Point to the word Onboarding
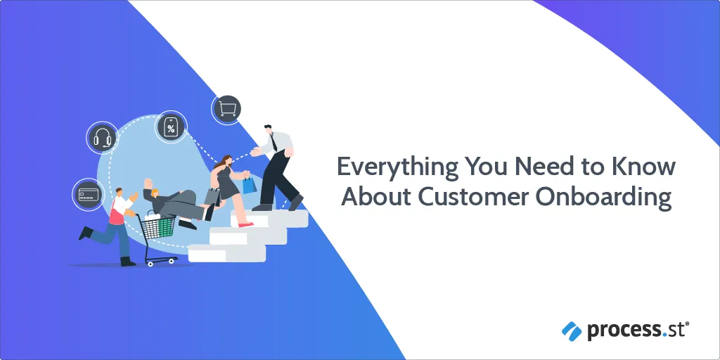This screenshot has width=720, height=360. point(603,198)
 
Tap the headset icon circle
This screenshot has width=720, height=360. point(102,137)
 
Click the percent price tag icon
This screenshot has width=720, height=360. point(170,127)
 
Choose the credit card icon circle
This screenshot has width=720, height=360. point(88,195)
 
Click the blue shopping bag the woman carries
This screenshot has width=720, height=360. point(250,185)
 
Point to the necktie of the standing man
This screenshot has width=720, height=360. point(274,142)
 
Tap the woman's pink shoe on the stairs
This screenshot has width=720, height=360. point(246,224)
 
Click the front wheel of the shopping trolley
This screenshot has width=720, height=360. point(173,261)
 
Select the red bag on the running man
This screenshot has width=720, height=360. point(116,216)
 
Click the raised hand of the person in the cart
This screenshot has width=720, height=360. point(148,184)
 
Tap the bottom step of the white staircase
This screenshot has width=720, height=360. point(227,253)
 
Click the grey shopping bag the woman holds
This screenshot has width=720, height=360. point(212,197)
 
